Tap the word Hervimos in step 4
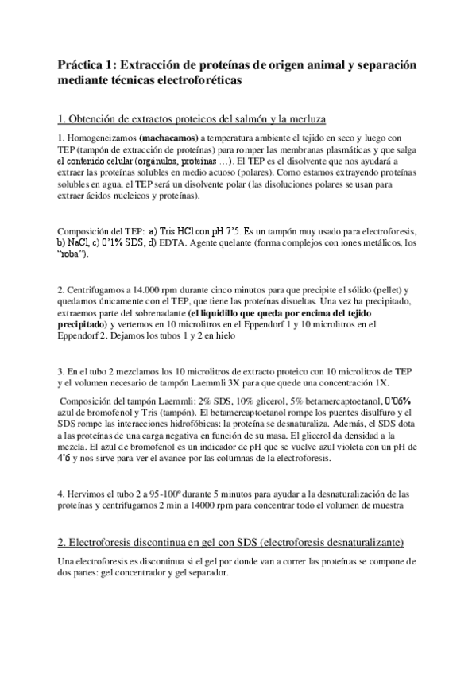86,494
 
